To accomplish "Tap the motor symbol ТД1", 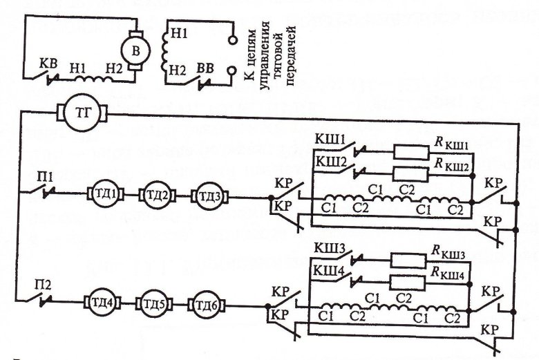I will pos(105,196).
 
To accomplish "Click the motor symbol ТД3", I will pos(208,196).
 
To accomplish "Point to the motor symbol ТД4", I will pos(104,303).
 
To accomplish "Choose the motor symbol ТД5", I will pos(156,303).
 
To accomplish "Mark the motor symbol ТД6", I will pos(207,303).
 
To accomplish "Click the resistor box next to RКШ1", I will pos(413,151).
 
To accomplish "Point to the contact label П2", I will pos(46,283).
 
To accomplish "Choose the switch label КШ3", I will pos(330,247).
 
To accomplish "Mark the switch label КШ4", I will pos(330,267).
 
